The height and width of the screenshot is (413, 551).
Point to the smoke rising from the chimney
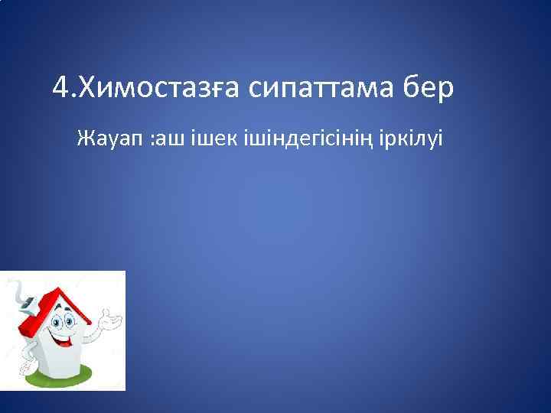pyautogui.click(x=15, y=290)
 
